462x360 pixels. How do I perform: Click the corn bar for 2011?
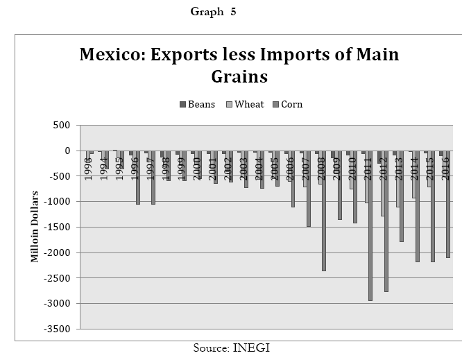(x=370, y=225)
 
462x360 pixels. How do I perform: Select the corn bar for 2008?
(x=323, y=210)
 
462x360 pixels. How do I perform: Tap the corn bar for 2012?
(x=386, y=221)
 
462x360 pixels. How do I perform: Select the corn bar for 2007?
(x=308, y=189)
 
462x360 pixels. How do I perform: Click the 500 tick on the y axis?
(x=62, y=126)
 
